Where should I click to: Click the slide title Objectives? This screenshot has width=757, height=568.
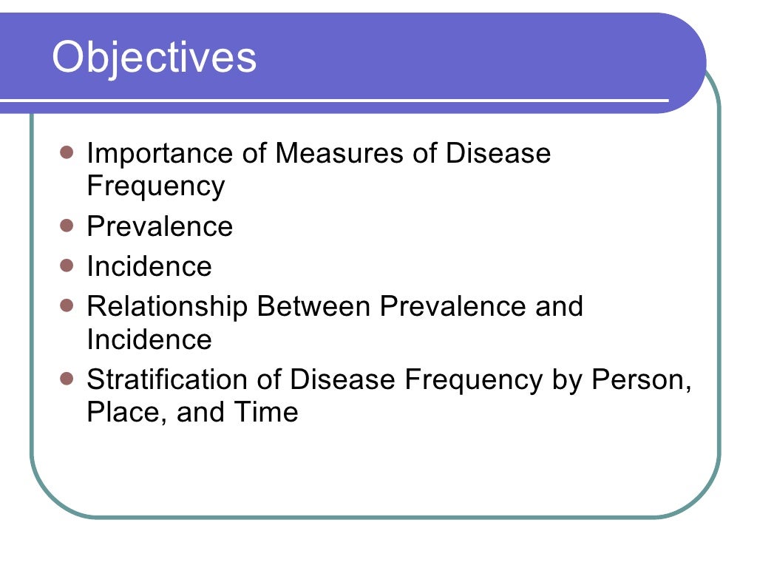point(155,58)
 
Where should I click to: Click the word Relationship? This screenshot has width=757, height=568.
point(167,306)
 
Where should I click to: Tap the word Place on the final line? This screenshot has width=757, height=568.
point(127,412)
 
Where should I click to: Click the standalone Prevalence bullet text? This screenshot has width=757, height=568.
point(160,226)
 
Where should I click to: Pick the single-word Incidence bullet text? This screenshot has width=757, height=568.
point(149,266)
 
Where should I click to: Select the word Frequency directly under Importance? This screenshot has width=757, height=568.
point(155,186)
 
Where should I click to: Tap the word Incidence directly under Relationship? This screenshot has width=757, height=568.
point(149,339)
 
